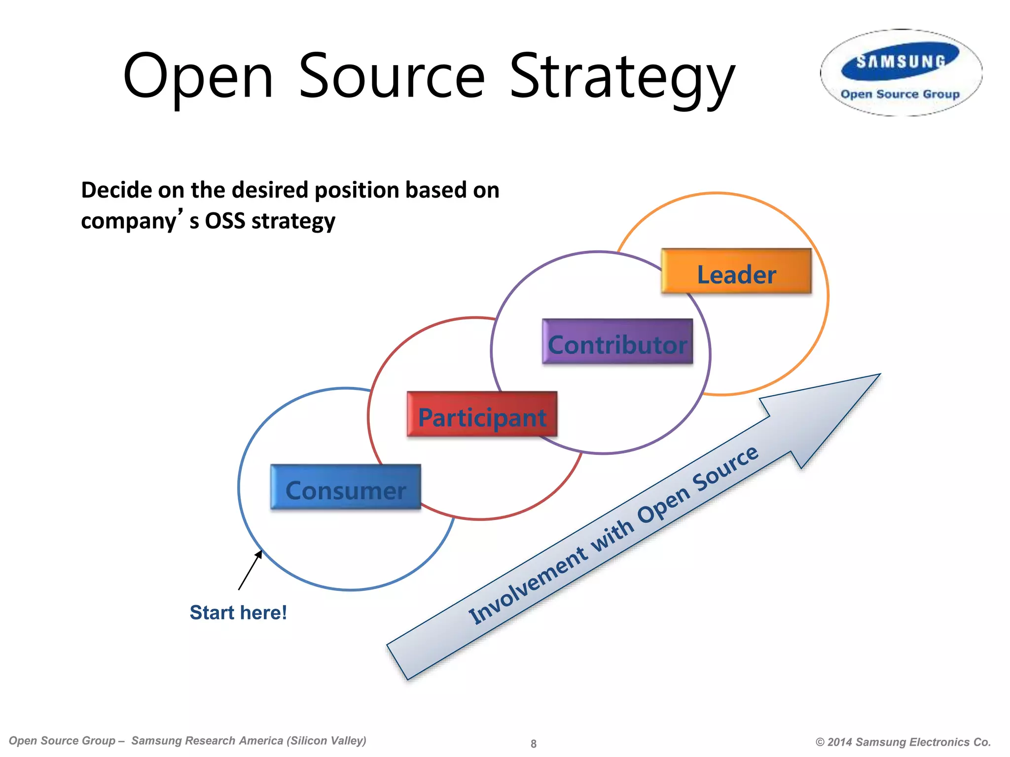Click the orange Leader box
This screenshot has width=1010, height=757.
click(736, 272)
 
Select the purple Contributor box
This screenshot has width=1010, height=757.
click(617, 342)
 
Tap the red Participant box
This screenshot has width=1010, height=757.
click(482, 414)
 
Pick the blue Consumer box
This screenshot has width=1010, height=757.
click(345, 487)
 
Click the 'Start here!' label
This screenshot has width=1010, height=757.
click(238, 613)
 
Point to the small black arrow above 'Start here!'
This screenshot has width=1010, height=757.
click(250, 570)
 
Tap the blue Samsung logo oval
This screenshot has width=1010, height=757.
click(901, 62)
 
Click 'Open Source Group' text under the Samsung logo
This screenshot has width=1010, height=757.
click(900, 94)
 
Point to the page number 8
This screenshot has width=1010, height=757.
click(533, 744)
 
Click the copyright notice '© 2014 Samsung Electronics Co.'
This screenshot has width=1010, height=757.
click(903, 742)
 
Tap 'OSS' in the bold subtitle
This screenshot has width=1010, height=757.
click(225, 221)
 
